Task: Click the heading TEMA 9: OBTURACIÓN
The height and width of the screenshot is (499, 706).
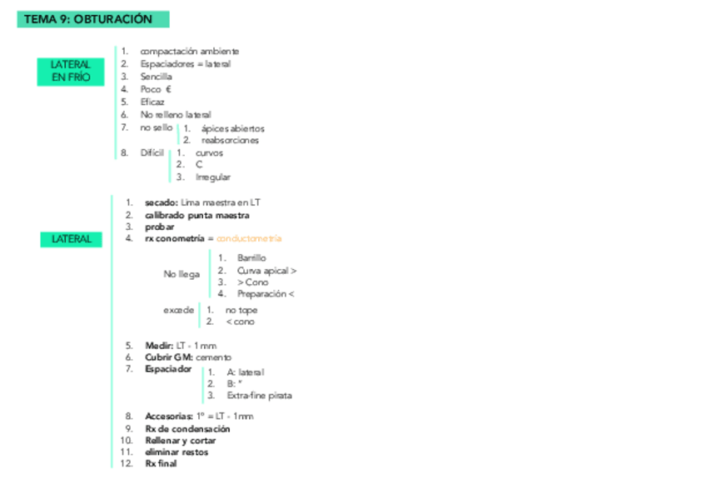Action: pyautogui.click(x=88, y=19)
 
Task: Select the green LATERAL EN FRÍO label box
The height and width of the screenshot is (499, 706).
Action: pyautogui.click(x=71, y=71)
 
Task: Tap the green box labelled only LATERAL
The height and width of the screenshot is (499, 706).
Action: pyautogui.click(x=71, y=239)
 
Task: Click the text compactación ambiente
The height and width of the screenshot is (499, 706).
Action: pyautogui.click(x=189, y=52)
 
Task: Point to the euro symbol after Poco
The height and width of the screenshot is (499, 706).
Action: pyautogui.click(x=168, y=89)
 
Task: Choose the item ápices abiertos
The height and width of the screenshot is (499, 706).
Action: pyautogui.click(x=232, y=129)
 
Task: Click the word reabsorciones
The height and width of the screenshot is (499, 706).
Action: pyautogui.click(x=230, y=141)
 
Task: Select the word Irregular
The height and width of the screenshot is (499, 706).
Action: pyautogui.click(x=213, y=177)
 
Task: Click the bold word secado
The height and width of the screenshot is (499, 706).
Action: pyautogui.click(x=160, y=202)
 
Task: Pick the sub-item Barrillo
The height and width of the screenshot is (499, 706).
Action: pyautogui.click(x=251, y=258)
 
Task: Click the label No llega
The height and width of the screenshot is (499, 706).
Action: pyautogui.click(x=181, y=274)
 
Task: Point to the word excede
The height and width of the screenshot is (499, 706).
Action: pyautogui.click(x=178, y=310)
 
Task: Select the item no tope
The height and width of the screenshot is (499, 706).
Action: pyautogui.click(x=241, y=310)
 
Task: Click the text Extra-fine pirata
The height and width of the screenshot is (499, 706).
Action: pyautogui.click(x=259, y=397)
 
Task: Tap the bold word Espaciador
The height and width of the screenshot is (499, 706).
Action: pyautogui.click(x=168, y=369)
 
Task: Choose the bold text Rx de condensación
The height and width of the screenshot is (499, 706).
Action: pyautogui.click(x=187, y=429)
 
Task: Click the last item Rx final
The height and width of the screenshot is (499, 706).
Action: pyautogui.click(x=161, y=464)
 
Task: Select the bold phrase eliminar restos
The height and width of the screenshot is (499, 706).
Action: pyautogui.click(x=176, y=452)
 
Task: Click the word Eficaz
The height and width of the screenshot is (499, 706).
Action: pyautogui.click(x=152, y=102)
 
